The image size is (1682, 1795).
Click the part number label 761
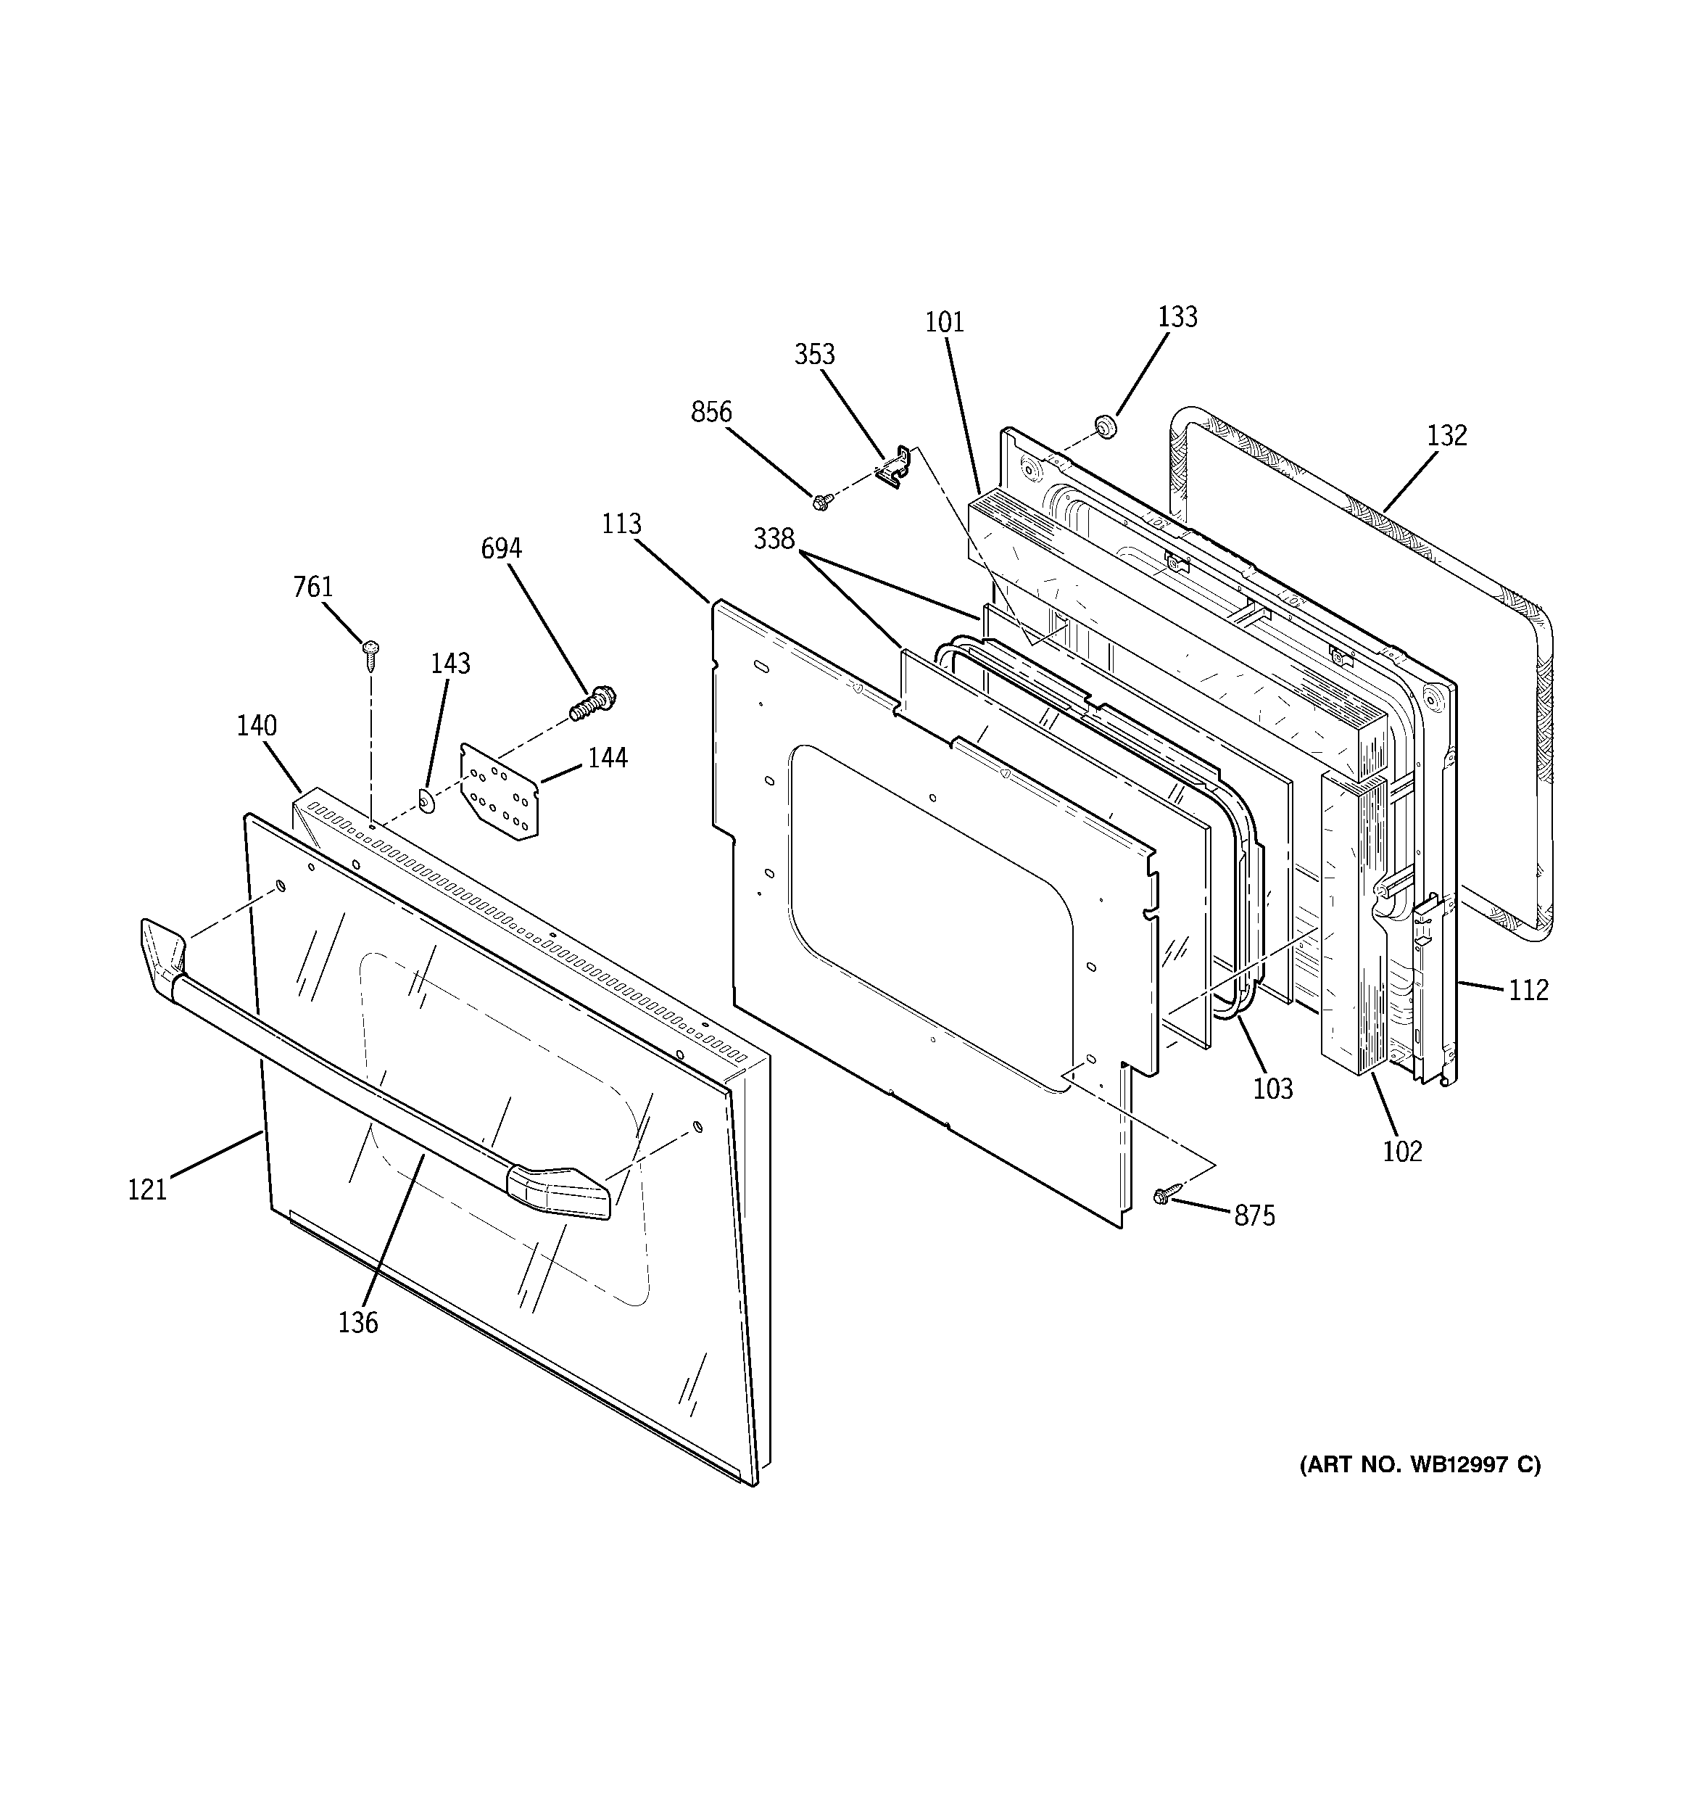(x=313, y=587)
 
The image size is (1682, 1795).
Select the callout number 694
(x=501, y=548)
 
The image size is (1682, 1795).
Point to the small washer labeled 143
(x=426, y=799)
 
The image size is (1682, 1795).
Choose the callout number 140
(x=257, y=725)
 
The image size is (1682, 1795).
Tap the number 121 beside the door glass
(x=147, y=1190)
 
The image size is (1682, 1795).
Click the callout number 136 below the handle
(x=357, y=1323)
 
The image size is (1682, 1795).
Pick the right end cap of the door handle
(x=560, y=1191)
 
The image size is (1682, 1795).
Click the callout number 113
(x=621, y=524)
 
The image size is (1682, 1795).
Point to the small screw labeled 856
(x=821, y=501)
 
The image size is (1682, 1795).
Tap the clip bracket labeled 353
(x=893, y=467)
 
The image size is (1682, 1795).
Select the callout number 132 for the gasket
(x=1446, y=435)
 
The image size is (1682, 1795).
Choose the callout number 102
(x=1402, y=1151)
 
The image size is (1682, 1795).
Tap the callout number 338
(x=774, y=539)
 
